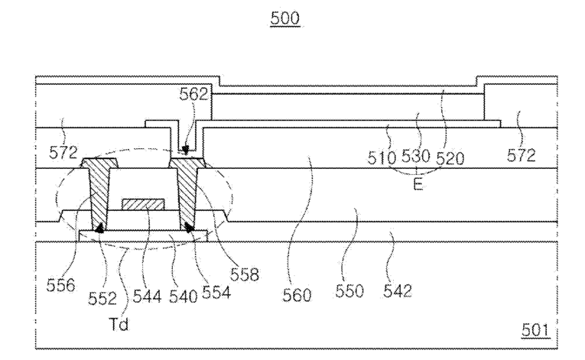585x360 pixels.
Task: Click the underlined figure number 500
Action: coord(285,18)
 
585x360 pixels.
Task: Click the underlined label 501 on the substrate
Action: coord(535,330)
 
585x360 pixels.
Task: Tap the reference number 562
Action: coord(193,94)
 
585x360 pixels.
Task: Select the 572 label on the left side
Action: coord(63,153)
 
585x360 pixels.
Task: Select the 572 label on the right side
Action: coord(522,155)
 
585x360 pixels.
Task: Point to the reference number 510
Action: coord(382,157)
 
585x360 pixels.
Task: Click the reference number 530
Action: coord(416,157)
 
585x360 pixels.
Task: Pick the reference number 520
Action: coord(450,158)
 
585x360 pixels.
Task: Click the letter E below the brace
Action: coord(418,184)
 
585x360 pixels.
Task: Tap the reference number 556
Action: coord(61,285)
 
